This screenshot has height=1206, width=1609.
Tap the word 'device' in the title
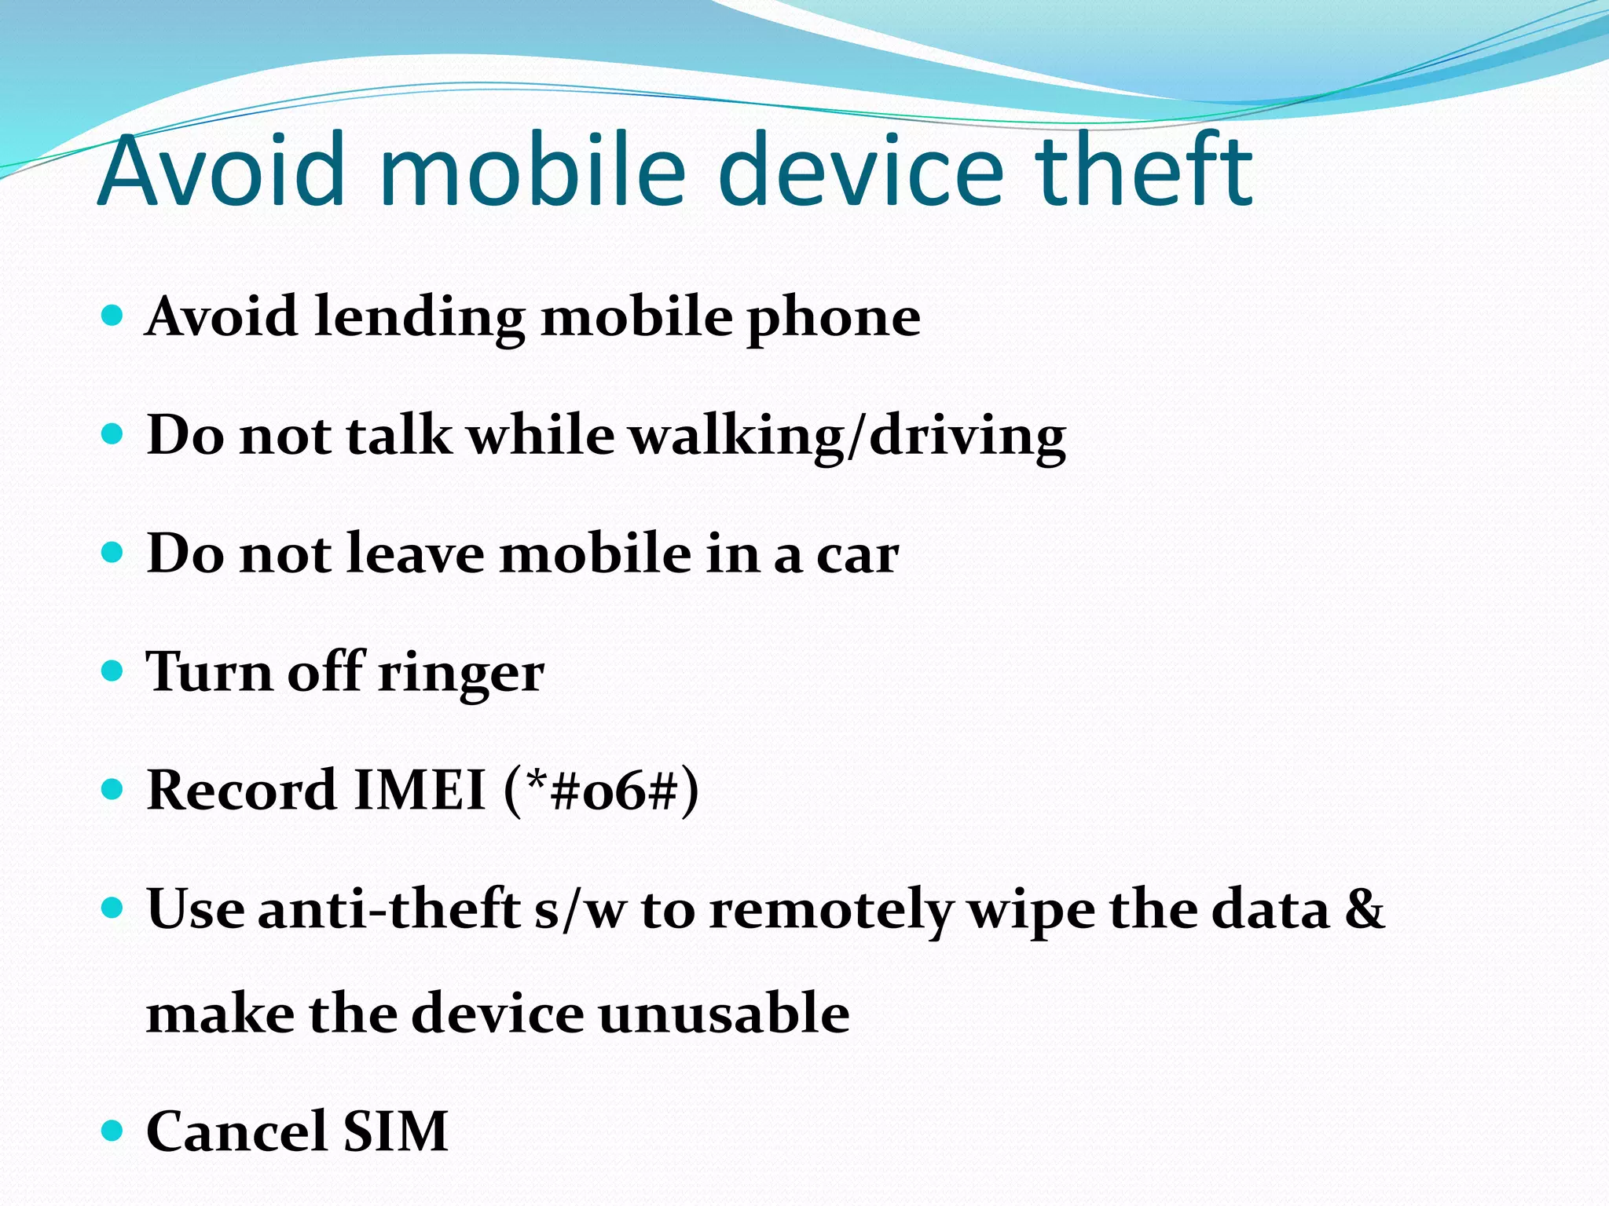pyautogui.click(x=860, y=170)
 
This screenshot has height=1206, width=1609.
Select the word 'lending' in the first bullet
pyautogui.click(x=419, y=318)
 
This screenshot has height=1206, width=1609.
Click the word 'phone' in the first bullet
pyautogui.click(x=834, y=318)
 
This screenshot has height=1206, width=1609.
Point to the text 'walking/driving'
pyautogui.click(x=849, y=437)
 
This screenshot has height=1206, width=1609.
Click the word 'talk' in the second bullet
pyautogui.click(x=399, y=436)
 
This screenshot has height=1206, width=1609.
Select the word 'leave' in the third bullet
pyautogui.click(x=415, y=554)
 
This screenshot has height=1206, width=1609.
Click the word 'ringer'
pyautogui.click(x=460, y=674)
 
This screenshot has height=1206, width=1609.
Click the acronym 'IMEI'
pyautogui.click(x=420, y=791)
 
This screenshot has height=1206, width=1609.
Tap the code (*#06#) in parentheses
pyautogui.click(x=601, y=791)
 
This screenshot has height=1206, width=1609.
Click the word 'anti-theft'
pyautogui.click(x=389, y=909)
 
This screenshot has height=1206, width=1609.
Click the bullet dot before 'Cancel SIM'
pyautogui.click(x=113, y=1131)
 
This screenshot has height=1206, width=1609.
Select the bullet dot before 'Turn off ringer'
pyautogui.click(x=113, y=671)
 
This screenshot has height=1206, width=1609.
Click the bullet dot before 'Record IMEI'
pyautogui.click(x=113, y=789)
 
